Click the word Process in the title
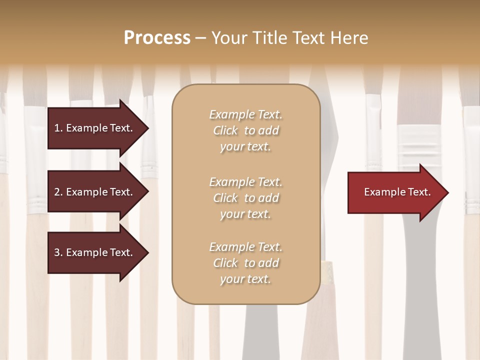(x=157, y=38)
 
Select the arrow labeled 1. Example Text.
(x=95, y=128)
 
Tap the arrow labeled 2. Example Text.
(x=95, y=192)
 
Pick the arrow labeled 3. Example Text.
(x=95, y=252)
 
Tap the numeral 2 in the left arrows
(x=57, y=192)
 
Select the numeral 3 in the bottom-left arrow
(x=57, y=252)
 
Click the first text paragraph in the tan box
(x=245, y=130)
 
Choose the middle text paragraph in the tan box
(x=245, y=198)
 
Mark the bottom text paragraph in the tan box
(x=245, y=263)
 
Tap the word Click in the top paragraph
(x=225, y=130)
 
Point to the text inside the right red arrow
(x=397, y=192)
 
